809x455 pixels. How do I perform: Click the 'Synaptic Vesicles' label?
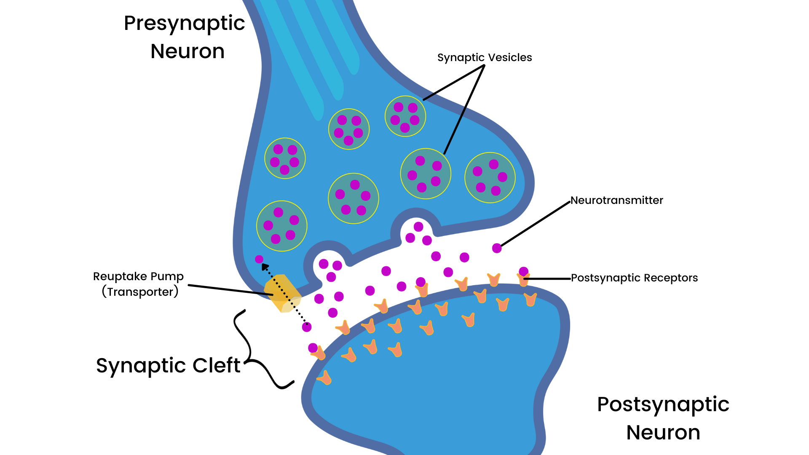485,57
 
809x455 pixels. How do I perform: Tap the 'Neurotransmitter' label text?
616,200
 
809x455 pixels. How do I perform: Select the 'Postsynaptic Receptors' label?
634,278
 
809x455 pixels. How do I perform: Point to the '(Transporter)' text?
140,292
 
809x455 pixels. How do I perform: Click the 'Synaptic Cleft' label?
168,365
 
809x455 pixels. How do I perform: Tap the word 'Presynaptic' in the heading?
184,23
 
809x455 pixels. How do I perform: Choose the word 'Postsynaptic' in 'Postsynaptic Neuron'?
663,404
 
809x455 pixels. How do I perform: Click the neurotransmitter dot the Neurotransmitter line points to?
497,248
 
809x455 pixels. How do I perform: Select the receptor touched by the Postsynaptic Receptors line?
523,279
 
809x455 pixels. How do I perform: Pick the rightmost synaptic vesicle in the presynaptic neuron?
490,177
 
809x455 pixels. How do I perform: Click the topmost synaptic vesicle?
405,116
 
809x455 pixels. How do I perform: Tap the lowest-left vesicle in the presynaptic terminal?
281,226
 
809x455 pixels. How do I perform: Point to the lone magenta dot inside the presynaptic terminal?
259,260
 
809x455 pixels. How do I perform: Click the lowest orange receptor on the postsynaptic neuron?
324,378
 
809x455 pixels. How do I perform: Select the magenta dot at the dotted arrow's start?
307,327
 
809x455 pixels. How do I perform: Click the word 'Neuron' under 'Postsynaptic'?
663,433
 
